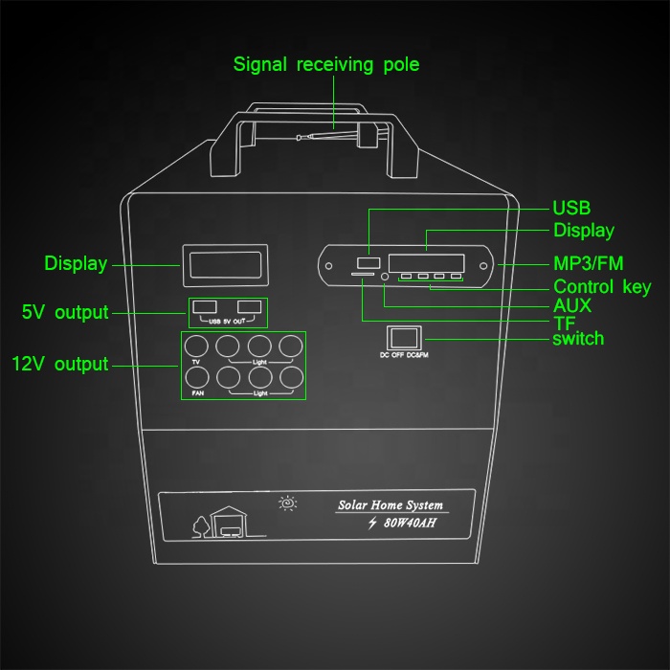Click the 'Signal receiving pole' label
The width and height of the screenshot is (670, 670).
[326, 65]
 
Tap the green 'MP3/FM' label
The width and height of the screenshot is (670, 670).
[588, 263]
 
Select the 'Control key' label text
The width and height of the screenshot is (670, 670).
[602, 287]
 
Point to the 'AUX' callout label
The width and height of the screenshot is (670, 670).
[572, 305]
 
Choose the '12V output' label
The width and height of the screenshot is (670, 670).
[60, 365]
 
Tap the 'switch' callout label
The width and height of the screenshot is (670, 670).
[578, 339]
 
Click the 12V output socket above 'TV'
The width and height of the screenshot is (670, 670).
[197, 346]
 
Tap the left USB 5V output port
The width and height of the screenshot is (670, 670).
[204, 306]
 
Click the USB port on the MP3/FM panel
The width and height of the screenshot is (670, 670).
[367, 261]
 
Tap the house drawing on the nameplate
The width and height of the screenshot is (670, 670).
[229, 523]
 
